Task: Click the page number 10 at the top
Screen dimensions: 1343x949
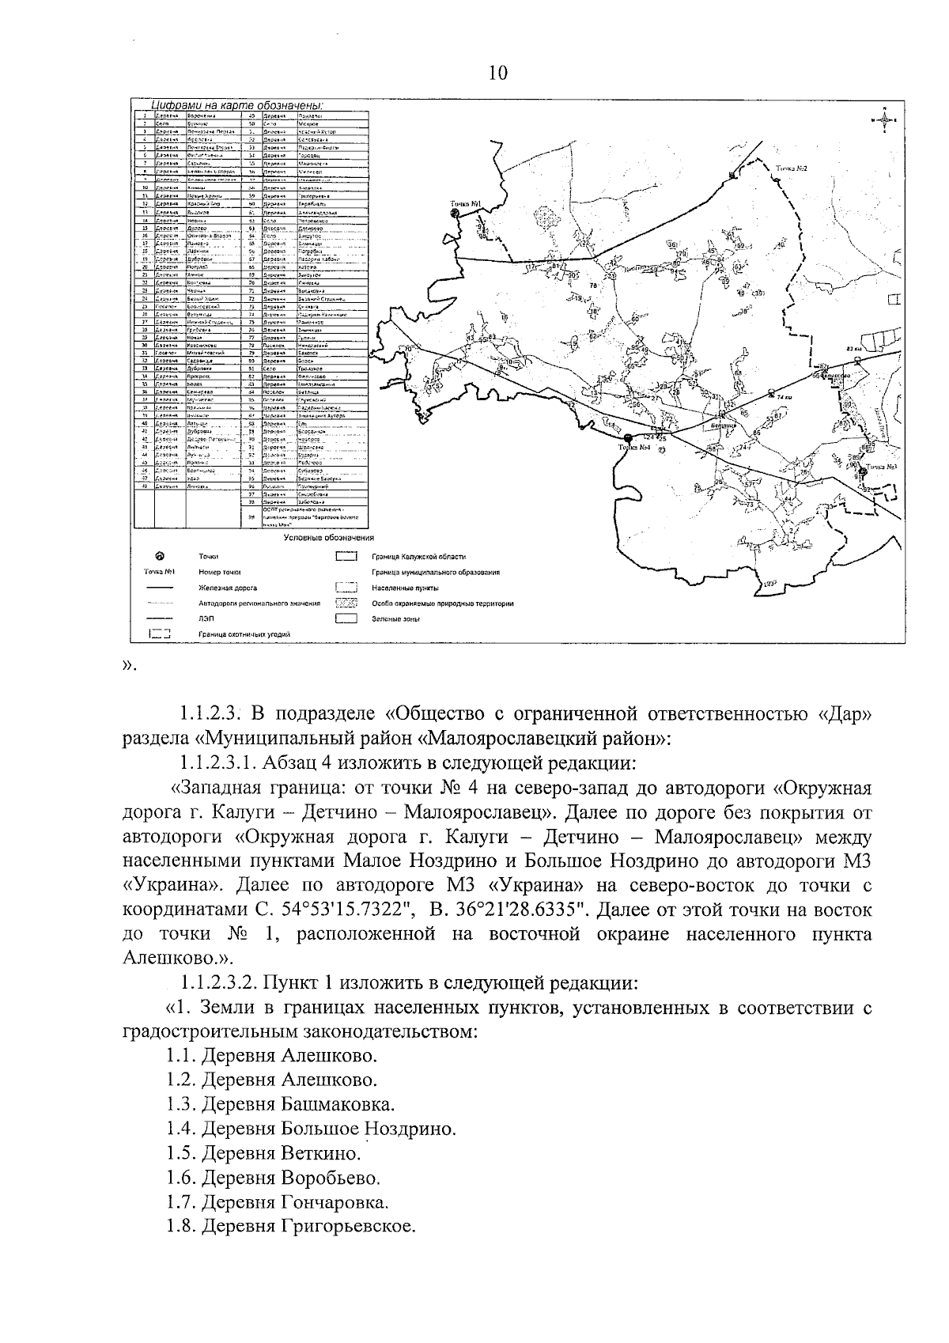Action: coord(498,74)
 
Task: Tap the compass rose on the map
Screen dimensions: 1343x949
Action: coord(883,119)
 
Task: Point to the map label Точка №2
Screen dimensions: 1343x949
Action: coord(791,168)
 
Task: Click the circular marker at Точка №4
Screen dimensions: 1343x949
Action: coord(627,437)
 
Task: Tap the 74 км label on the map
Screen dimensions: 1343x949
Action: coord(783,396)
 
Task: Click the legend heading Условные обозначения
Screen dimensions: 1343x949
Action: coord(328,538)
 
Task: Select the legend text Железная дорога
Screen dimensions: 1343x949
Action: coord(228,588)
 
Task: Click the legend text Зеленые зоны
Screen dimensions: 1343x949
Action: coord(395,619)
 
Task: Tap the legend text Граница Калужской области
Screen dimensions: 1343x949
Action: coord(418,557)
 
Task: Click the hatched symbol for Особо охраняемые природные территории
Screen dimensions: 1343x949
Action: coord(346,603)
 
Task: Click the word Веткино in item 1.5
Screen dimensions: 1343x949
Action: coord(320,1153)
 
